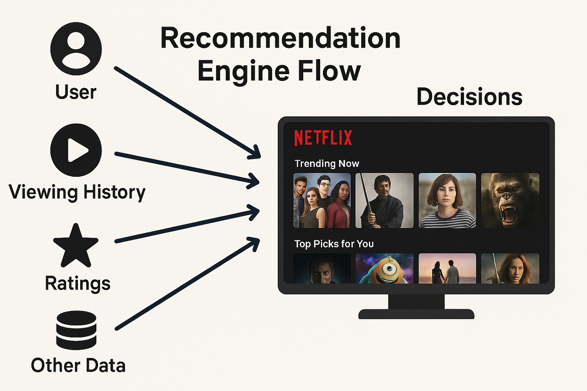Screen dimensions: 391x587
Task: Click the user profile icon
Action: click(x=76, y=48)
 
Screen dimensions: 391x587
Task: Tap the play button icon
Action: click(x=76, y=150)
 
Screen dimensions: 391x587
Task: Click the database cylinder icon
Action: click(x=76, y=330)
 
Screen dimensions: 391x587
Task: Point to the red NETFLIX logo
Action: click(x=323, y=138)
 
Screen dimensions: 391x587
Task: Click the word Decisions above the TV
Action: click(x=469, y=97)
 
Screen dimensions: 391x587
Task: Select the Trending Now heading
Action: click(x=327, y=163)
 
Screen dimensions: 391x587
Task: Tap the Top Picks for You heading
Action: click(x=334, y=244)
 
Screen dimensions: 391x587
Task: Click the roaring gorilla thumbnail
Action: click(x=510, y=201)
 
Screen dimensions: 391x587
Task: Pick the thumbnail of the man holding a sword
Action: click(x=384, y=201)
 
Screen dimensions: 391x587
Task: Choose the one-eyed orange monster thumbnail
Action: click(x=384, y=268)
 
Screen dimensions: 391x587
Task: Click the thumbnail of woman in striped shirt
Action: click(x=447, y=201)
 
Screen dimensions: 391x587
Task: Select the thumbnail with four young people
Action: click(x=322, y=201)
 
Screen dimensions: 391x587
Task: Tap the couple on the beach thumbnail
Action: click(x=447, y=268)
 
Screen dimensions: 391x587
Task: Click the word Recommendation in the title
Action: click(x=280, y=39)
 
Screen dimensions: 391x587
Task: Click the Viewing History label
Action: click(x=77, y=192)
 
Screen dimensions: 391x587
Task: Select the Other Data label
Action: click(x=78, y=366)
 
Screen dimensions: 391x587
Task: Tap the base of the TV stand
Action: click(x=416, y=314)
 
